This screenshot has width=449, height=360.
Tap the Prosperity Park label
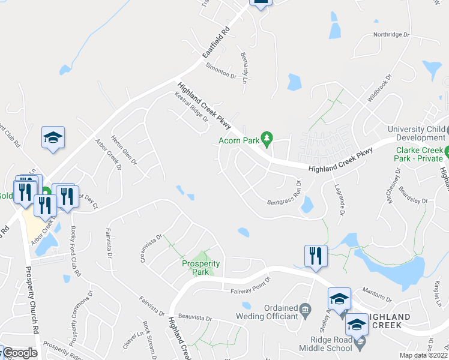[201, 268]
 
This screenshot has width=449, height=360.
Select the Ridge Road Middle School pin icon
[360, 344]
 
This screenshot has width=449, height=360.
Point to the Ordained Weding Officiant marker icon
[305, 309]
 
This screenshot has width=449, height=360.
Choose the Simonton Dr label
[221, 70]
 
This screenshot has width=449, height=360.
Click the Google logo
[20, 353]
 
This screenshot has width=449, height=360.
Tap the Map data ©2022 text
[424, 355]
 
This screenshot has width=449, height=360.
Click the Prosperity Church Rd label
[32, 300]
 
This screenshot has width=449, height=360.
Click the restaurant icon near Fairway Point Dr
[315, 256]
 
